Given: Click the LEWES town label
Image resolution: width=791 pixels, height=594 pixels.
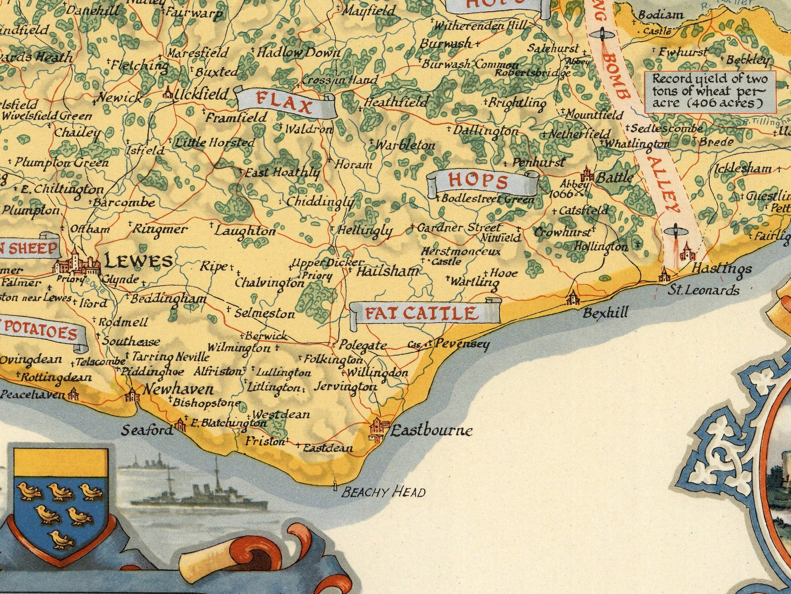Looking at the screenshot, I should pos(138,261).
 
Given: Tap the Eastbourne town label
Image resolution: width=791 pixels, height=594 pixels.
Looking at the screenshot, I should pos(431,430).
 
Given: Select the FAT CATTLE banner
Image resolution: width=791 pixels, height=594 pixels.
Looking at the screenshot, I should pos(421,313).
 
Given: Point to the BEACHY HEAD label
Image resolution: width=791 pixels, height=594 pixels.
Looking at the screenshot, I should pos(384,493).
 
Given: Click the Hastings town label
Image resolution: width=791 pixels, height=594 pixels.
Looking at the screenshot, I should pos(722,269).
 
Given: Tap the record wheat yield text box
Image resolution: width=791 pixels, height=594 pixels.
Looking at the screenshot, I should pos(710,91).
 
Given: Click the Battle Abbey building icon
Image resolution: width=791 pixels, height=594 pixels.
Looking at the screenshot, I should pos(587,175).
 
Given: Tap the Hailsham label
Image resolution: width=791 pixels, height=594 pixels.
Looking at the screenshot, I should pos(388,272).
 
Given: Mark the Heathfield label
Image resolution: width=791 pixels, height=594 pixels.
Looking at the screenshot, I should pos(396,102).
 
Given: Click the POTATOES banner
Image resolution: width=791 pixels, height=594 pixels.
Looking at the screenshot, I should pos(42,333).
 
